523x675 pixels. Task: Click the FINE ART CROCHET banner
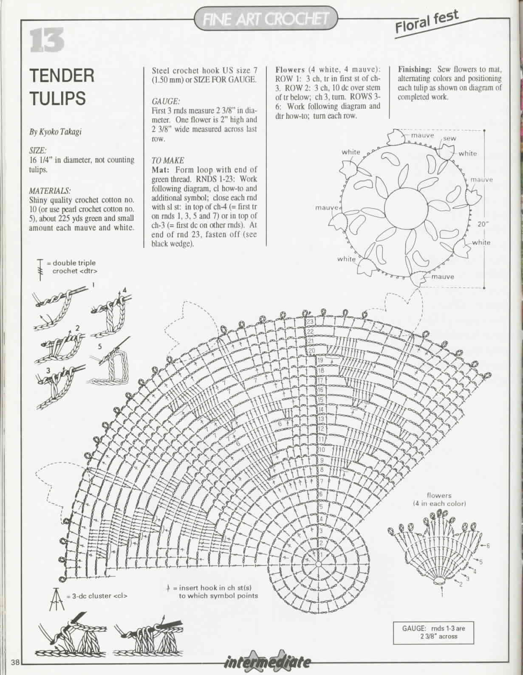pyautogui.click(x=266, y=18)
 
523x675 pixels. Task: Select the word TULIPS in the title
pyautogui.click(x=57, y=98)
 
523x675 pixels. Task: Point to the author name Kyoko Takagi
pyautogui.click(x=55, y=132)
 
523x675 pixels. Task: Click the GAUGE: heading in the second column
pyautogui.click(x=166, y=102)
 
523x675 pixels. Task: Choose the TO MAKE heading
pyautogui.click(x=168, y=160)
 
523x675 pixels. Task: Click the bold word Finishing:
pyautogui.click(x=415, y=69)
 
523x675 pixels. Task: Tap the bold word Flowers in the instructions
pyautogui.click(x=290, y=69)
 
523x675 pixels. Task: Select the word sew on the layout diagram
pyautogui.click(x=449, y=138)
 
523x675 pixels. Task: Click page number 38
pyautogui.click(x=16, y=662)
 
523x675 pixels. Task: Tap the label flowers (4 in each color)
pyautogui.click(x=439, y=499)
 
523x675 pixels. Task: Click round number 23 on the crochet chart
pyautogui.click(x=310, y=322)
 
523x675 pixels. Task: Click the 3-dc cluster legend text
pyautogui.click(x=97, y=596)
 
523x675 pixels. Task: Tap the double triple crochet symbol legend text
pyautogui.click(x=74, y=267)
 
